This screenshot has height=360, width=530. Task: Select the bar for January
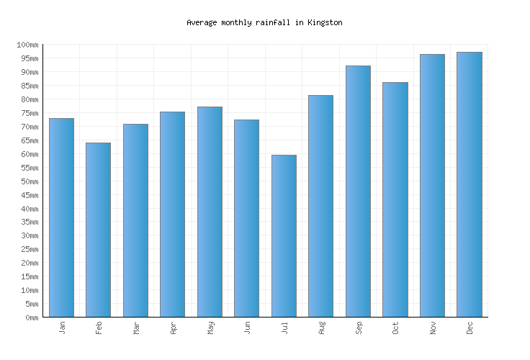61,217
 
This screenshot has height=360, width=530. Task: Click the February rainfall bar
98,230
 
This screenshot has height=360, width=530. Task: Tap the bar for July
284,236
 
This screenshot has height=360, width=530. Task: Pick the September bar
358,192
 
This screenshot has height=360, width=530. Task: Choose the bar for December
469,184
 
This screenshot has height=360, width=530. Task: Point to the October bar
395,199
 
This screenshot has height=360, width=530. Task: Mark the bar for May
210,212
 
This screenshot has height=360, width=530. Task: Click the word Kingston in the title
325,23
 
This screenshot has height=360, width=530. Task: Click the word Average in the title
202,23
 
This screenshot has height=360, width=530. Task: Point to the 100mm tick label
27,45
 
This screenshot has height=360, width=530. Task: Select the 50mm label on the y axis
29,181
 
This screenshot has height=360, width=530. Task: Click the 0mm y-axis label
31,318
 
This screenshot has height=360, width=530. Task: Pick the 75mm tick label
29,114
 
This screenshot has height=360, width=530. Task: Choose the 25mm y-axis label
29,250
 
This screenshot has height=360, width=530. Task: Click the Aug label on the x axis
321,328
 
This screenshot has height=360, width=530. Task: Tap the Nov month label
433,328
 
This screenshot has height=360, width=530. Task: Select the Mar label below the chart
136,328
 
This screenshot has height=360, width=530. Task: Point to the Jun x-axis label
247,328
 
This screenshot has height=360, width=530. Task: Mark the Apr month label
173,328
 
